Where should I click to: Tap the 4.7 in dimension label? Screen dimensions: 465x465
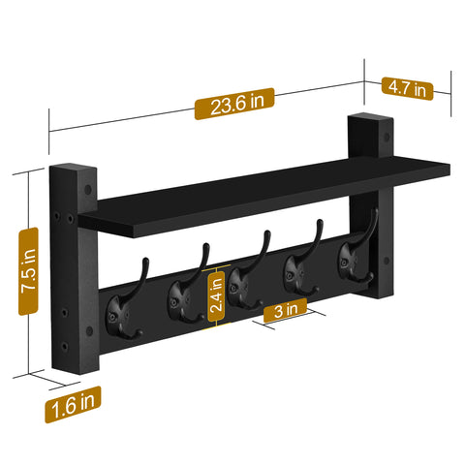coord(408,88)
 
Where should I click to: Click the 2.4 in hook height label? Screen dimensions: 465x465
coord(218,294)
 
